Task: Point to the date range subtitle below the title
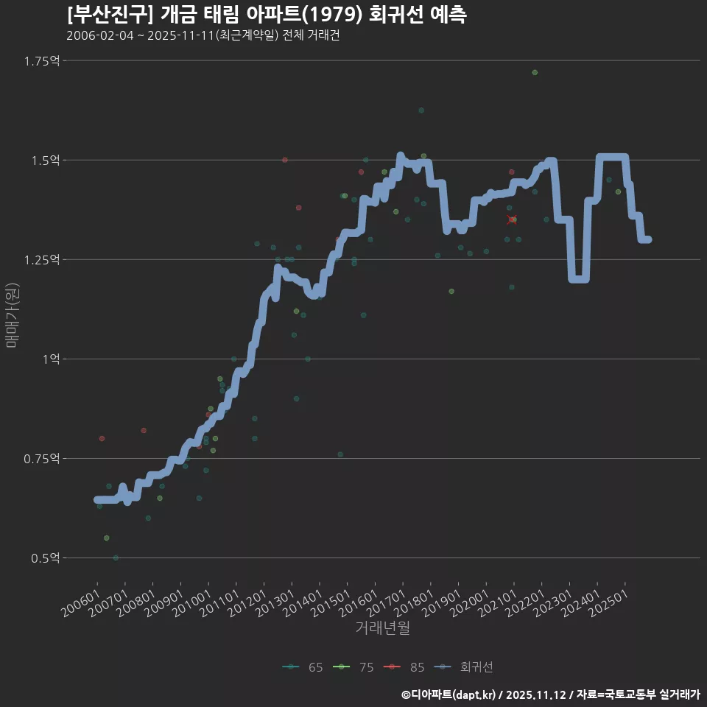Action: (x=203, y=36)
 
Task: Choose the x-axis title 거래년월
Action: (x=382, y=627)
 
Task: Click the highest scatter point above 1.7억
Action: (x=535, y=72)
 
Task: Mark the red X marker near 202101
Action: (x=512, y=219)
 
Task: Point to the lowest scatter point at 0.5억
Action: (x=116, y=557)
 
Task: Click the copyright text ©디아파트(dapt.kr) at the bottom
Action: (x=449, y=694)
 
